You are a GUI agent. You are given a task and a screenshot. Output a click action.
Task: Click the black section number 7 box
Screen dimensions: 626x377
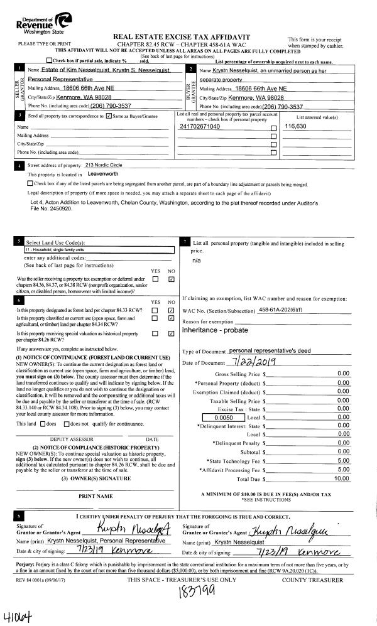tap(184, 240)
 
